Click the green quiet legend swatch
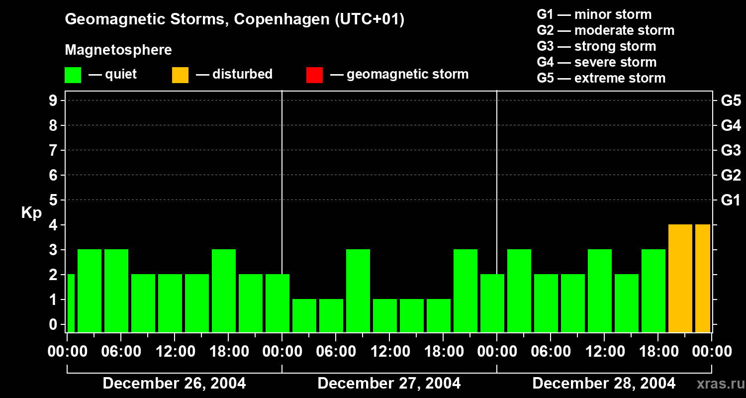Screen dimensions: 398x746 point(73,75)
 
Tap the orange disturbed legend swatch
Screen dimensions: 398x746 point(180,75)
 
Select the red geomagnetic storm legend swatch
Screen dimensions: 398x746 point(314,75)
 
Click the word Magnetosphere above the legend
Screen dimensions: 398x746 point(118,50)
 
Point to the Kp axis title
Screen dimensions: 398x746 point(31,213)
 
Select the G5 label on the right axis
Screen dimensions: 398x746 point(731,100)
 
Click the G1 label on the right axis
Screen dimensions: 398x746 point(731,200)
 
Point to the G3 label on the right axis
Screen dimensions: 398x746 point(731,150)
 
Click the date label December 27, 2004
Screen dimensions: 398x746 point(389,384)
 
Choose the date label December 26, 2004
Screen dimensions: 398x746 point(174,384)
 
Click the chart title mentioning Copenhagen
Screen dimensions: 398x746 point(235,19)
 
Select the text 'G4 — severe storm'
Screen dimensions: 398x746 point(597,62)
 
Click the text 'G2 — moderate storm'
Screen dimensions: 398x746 point(606,30)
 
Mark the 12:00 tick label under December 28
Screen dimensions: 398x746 point(603,351)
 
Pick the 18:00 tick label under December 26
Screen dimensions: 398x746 point(227,351)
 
